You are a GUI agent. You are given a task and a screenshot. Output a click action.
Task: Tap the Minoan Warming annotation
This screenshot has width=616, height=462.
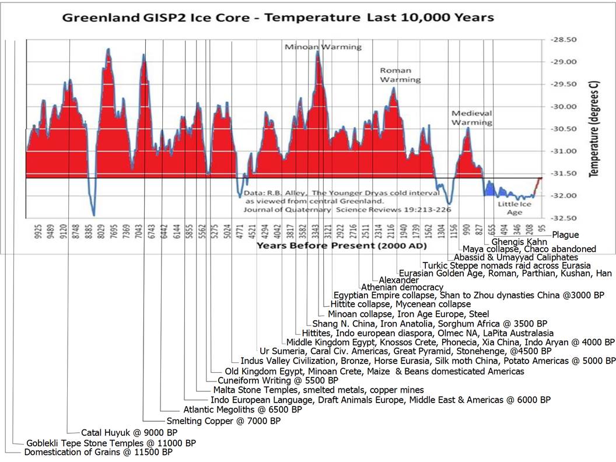click(323, 47)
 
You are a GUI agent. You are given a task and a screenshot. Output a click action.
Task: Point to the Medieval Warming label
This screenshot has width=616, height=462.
click(472, 118)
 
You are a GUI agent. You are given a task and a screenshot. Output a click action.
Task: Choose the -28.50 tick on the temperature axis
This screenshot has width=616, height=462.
click(565, 40)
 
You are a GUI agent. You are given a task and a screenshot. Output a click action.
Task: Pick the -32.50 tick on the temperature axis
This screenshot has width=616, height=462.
click(565, 218)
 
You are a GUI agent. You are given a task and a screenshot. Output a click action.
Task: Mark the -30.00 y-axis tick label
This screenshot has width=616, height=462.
click(565, 107)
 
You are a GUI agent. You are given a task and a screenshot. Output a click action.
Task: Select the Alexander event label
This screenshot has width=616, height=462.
click(398, 280)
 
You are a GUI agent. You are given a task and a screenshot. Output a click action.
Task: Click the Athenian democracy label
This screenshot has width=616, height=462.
click(402, 287)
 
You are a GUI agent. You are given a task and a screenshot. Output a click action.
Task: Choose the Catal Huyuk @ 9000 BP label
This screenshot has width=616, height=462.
click(121, 432)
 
